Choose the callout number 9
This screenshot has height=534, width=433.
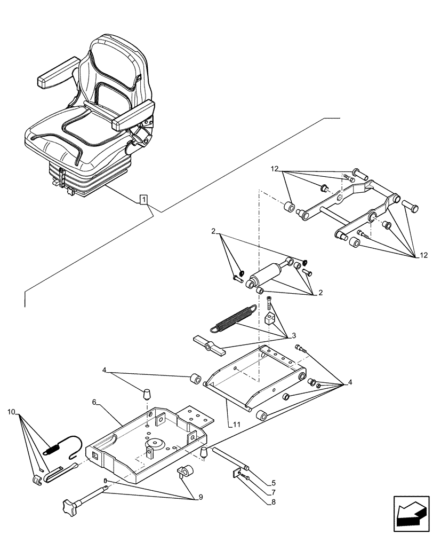click(x=201, y=498)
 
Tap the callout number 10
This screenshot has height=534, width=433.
click(x=12, y=412)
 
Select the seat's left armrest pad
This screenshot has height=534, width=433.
click(x=53, y=78)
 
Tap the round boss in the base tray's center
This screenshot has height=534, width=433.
click(x=156, y=444)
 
